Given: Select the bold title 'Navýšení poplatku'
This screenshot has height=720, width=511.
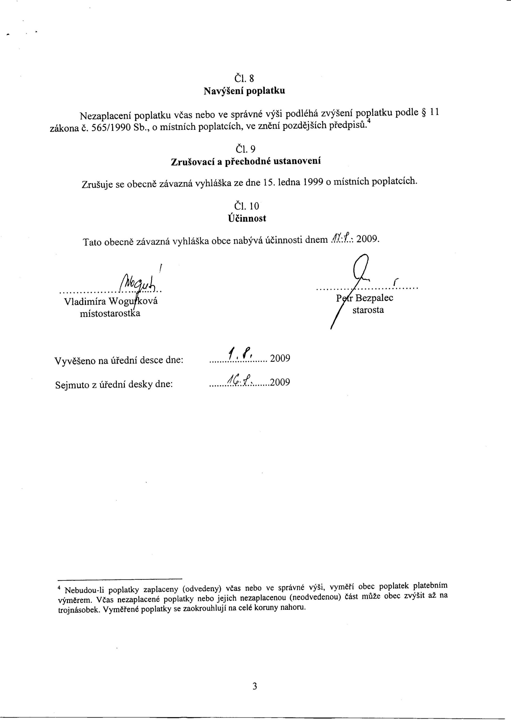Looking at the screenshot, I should click(x=244, y=91).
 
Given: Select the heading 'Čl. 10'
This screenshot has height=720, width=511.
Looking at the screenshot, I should click(x=246, y=206).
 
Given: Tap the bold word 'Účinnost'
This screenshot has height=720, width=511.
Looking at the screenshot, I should click(x=247, y=219).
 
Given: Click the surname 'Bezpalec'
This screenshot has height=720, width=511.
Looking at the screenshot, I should click(x=374, y=298).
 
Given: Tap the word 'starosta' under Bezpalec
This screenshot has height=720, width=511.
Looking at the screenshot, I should click(x=368, y=310).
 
